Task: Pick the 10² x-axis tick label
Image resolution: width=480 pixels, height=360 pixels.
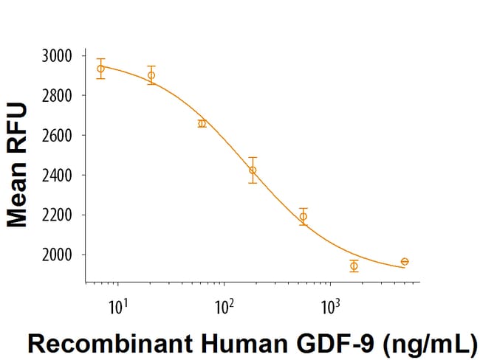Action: tap(224, 303)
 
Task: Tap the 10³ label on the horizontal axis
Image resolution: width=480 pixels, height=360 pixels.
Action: tap(330, 303)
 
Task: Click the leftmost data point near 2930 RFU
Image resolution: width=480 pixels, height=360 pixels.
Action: tap(100, 69)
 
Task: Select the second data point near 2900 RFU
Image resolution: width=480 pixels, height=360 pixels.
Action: tap(151, 75)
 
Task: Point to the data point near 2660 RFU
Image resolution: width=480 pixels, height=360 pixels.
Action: tap(202, 123)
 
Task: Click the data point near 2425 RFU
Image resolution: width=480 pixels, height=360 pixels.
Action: tap(253, 170)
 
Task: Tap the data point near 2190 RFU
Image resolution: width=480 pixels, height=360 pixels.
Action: tap(303, 216)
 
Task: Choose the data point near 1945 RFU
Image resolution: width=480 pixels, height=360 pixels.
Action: tap(354, 266)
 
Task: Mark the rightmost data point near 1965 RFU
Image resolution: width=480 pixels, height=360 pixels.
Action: tap(405, 262)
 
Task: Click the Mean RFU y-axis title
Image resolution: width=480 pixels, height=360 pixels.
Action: tap(17, 165)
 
